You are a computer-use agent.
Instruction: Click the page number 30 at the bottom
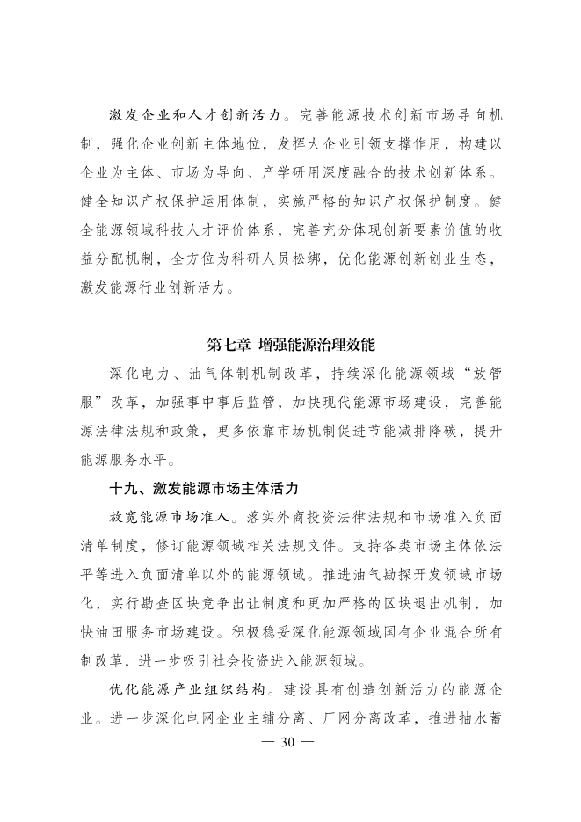[290, 740]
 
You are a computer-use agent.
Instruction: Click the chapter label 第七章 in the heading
[227, 344]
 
